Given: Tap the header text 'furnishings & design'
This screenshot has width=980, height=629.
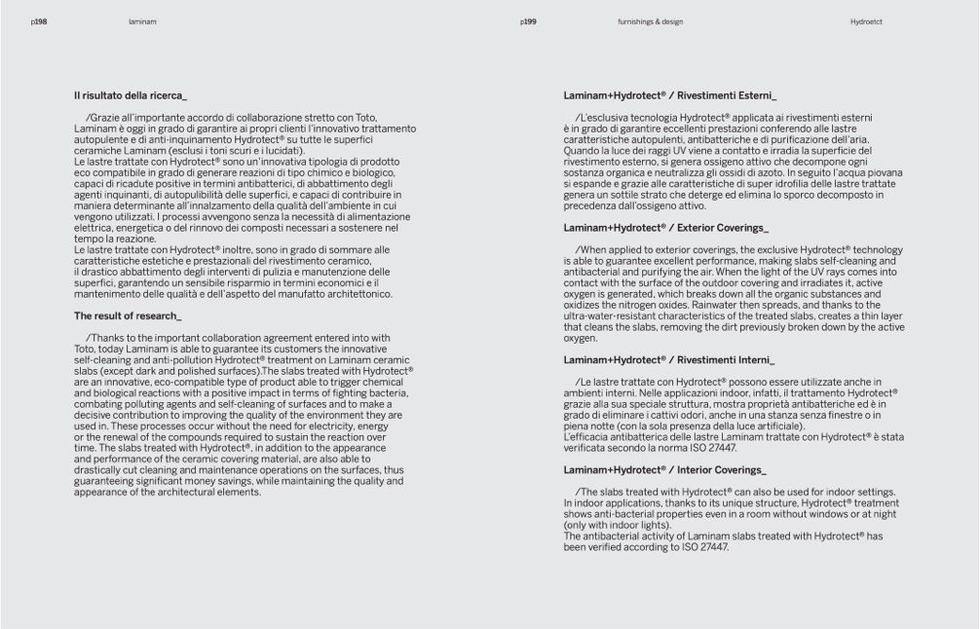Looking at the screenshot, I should [650, 20].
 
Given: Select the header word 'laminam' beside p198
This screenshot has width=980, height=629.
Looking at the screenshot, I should [141, 20].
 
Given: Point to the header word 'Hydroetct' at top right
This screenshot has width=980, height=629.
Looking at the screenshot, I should [865, 20].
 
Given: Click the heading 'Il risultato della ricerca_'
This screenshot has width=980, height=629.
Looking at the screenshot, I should [131, 95].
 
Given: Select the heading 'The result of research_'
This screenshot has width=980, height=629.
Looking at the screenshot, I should [128, 315].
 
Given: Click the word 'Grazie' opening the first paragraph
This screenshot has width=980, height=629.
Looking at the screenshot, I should [103, 118].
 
